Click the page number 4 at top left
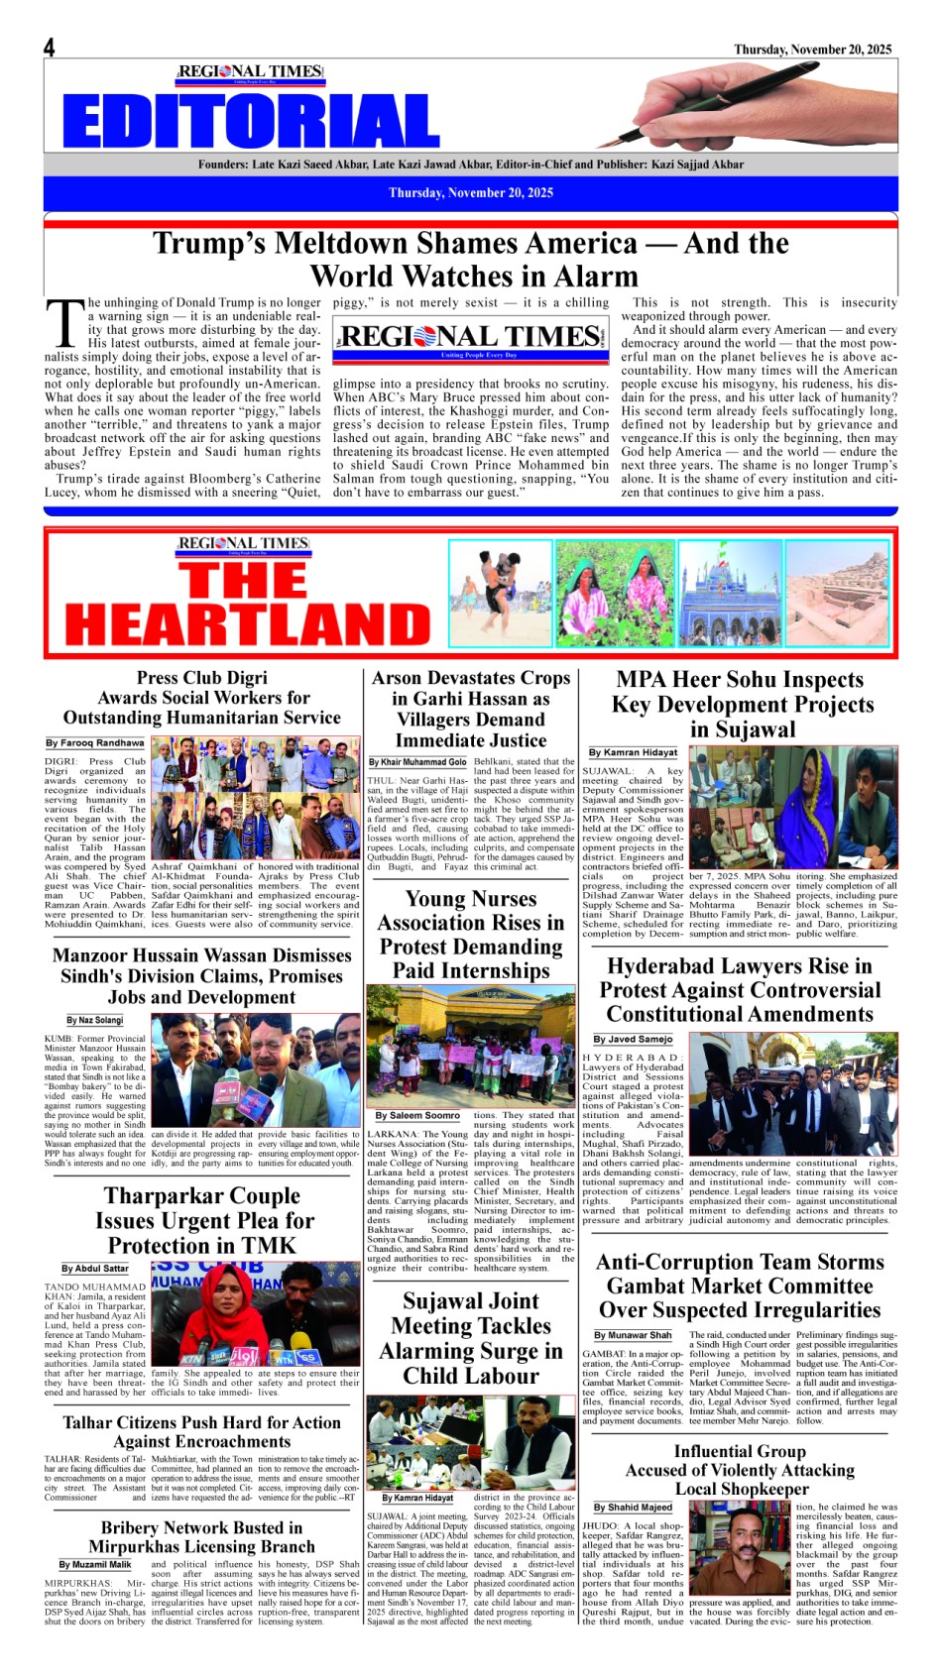click(x=49, y=48)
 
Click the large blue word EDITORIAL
click(x=251, y=122)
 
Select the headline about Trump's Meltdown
click(x=471, y=259)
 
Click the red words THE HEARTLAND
click(x=247, y=604)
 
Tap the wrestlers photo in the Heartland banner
click(x=501, y=593)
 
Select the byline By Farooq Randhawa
click(x=94, y=742)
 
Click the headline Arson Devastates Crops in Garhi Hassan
click(x=471, y=709)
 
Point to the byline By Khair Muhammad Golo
click(x=417, y=762)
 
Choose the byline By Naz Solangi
click(x=95, y=1020)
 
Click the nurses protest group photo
click(x=471, y=1045)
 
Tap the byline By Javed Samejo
click(x=633, y=1039)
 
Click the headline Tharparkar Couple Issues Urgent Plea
click(x=202, y=1220)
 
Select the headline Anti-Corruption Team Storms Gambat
click(x=740, y=1286)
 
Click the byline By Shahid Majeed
click(x=633, y=1507)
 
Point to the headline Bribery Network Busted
click(x=201, y=1536)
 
